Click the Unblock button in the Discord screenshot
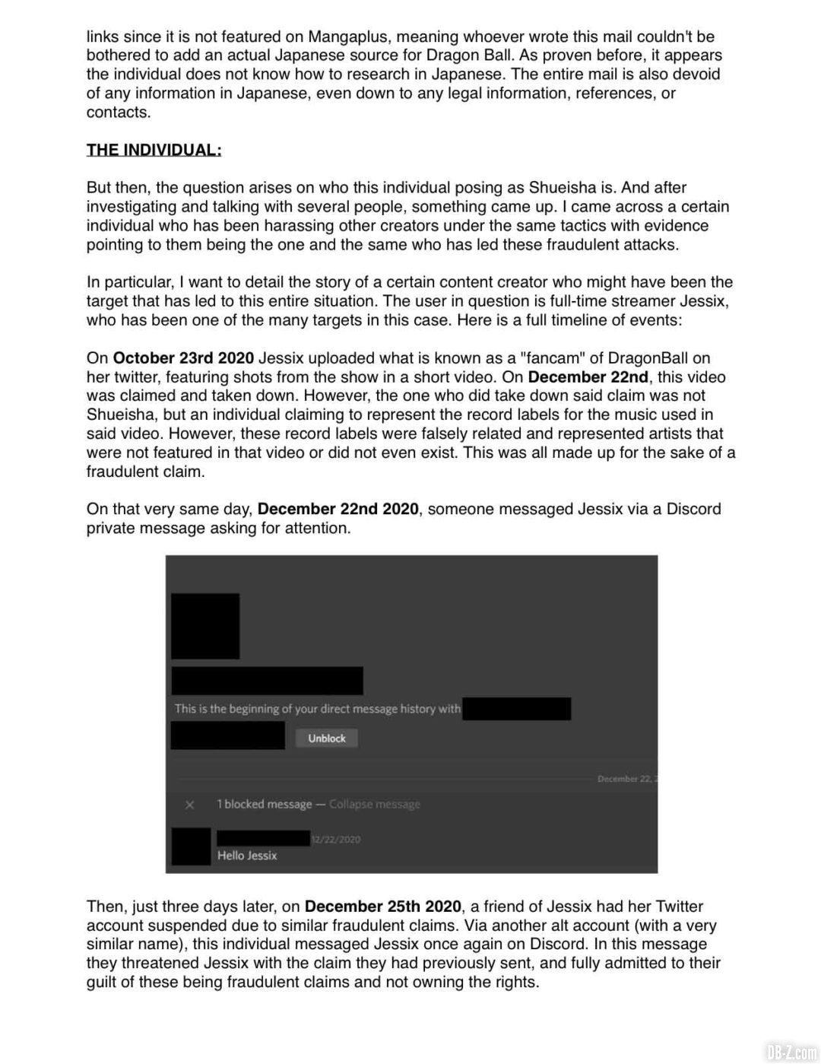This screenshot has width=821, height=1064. click(x=326, y=738)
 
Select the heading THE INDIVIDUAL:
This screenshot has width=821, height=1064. click(x=154, y=150)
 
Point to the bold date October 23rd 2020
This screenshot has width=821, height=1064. click(x=183, y=358)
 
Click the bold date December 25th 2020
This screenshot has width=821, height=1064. click(x=382, y=907)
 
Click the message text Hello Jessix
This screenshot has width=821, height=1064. click(x=247, y=856)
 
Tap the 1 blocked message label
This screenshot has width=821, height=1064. click(x=264, y=804)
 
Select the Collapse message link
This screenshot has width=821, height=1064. click(x=374, y=804)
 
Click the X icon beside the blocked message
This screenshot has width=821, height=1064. click(x=190, y=805)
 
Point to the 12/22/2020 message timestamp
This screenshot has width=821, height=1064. click(x=335, y=839)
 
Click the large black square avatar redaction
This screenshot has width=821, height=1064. click(x=205, y=626)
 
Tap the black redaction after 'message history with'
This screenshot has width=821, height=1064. click(x=516, y=709)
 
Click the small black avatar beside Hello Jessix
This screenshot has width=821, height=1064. click(x=191, y=846)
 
